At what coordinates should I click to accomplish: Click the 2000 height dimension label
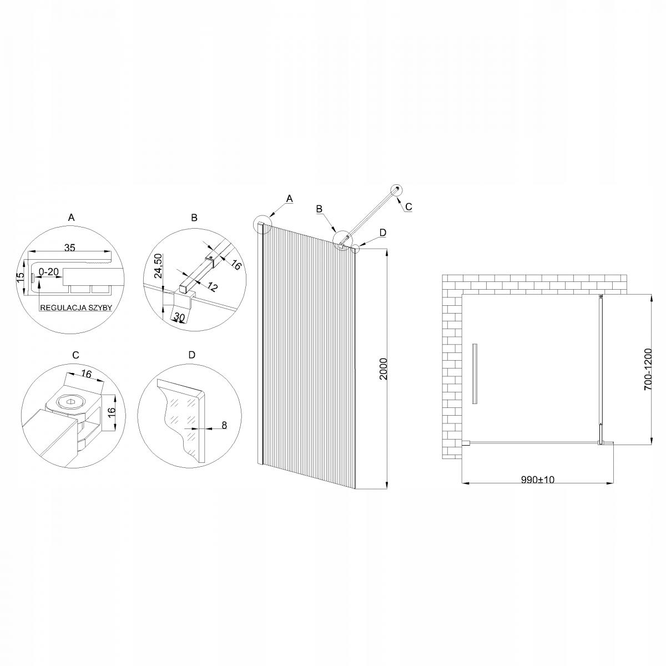pos(383,368)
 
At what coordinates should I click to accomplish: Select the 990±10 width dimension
pos(538,480)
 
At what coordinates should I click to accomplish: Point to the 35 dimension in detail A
pos(69,248)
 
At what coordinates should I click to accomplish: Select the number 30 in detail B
pos(179,317)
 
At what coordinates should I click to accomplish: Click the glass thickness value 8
pos(223,426)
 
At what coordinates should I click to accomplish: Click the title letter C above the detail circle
pos(75,355)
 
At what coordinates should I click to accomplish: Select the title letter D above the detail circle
pos(192,355)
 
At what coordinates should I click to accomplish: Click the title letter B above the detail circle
pos(194,218)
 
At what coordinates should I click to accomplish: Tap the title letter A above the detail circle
pos(70,218)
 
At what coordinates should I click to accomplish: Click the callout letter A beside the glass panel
pos(288,198)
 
